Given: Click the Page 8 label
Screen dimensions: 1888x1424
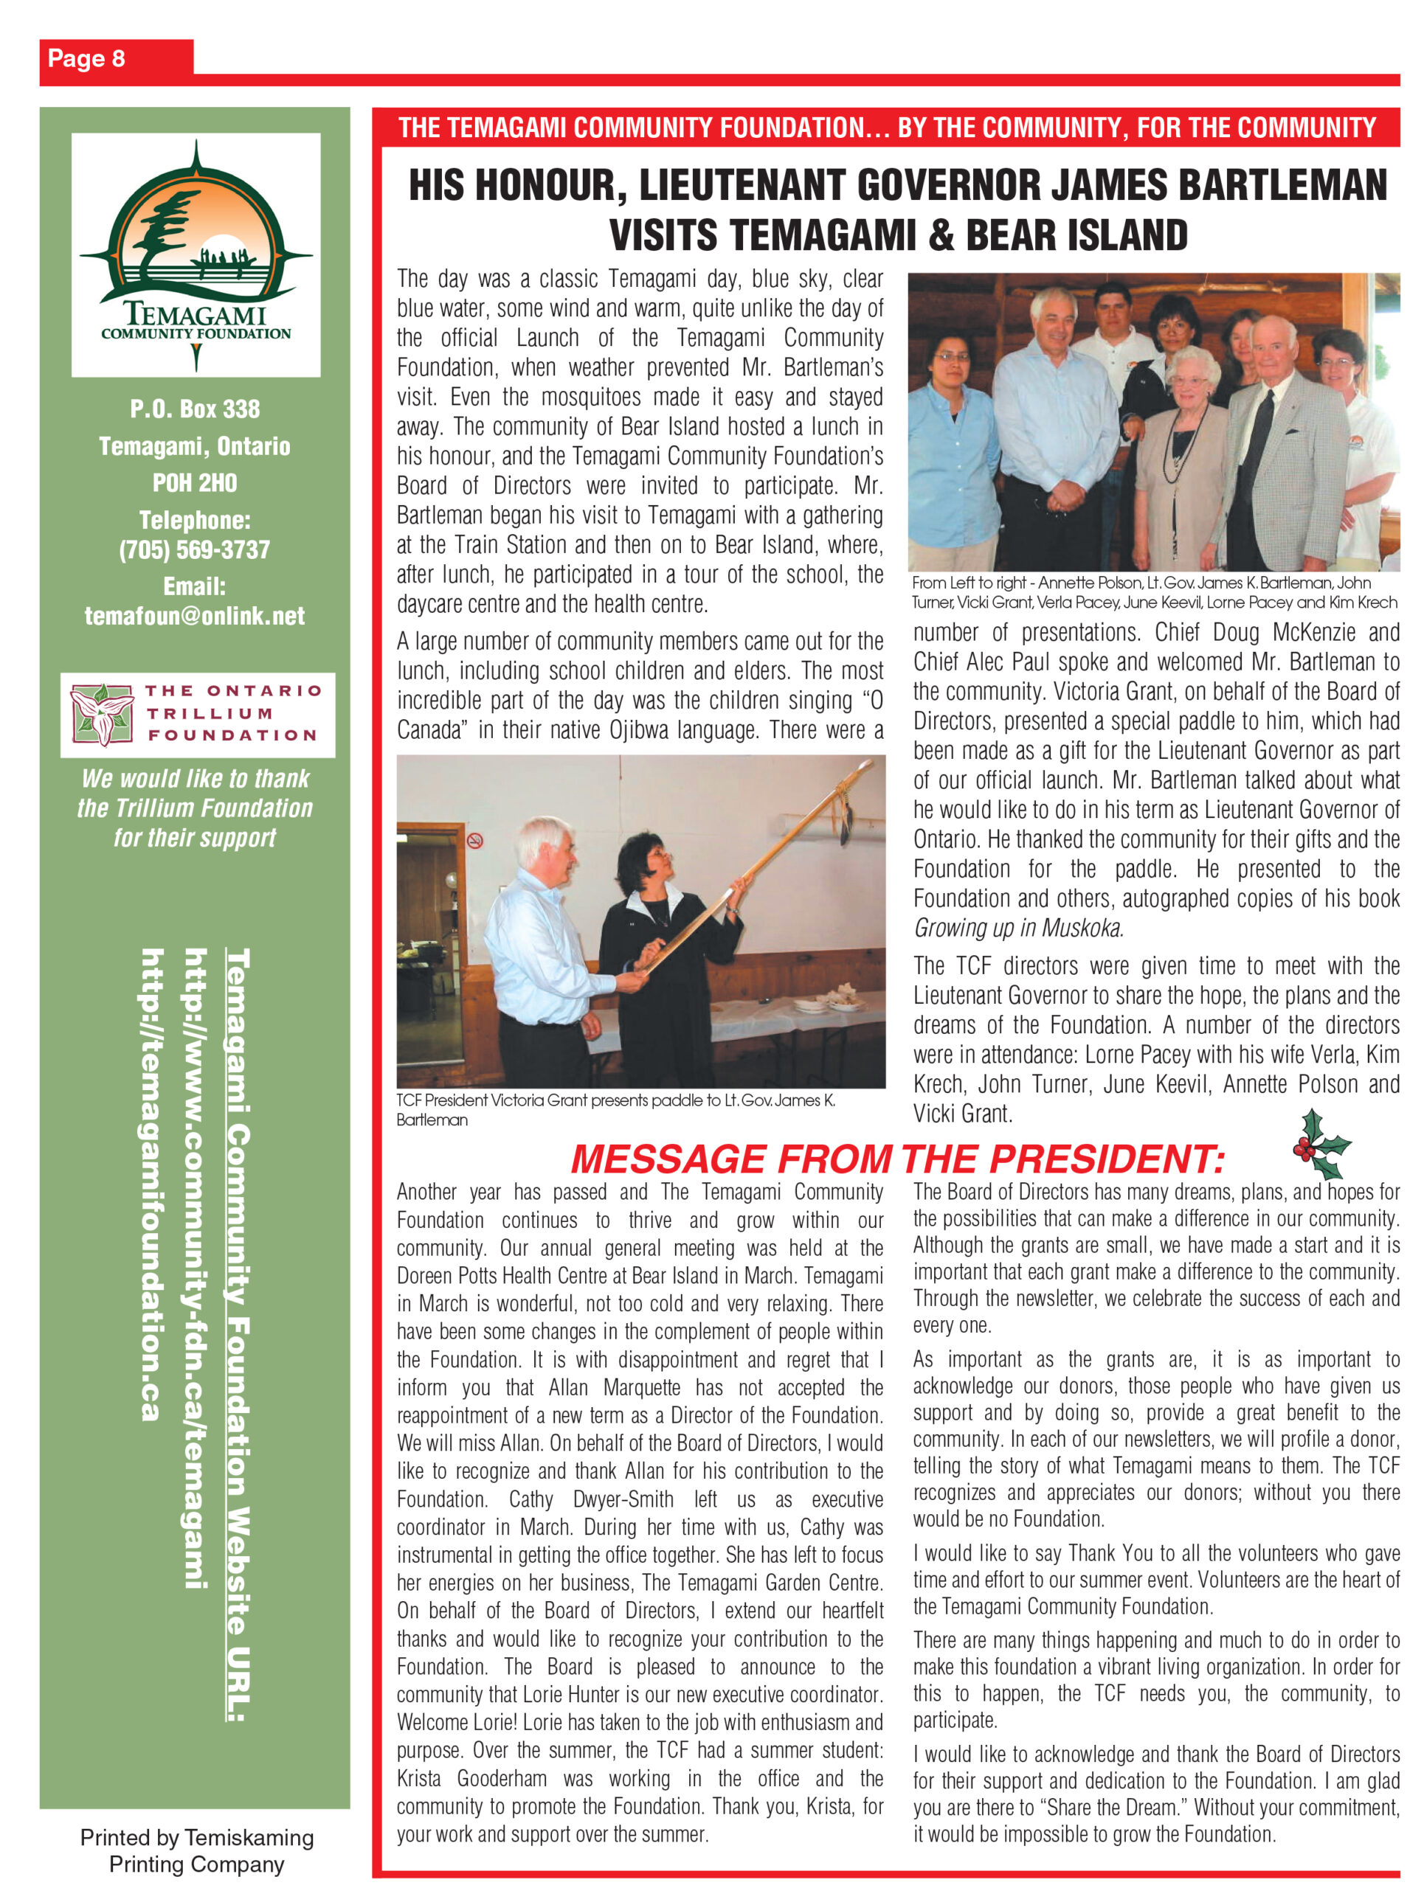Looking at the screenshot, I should [x=86, y=58].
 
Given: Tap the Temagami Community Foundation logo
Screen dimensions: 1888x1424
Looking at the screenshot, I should [x=196, y=254].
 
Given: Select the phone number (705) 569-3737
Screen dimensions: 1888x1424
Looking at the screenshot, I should [x=195, y=549].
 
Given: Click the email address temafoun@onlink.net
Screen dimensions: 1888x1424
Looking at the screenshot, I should [x=195, y=615].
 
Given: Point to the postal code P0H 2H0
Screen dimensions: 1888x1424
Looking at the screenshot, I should [x=195, y=483].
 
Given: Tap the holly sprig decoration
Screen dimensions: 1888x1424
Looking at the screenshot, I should [x=1319, y=1145].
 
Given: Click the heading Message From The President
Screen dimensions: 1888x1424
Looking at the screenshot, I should [x=897, y=1158].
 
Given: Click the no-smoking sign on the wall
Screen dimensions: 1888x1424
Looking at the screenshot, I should [x=474, y=841].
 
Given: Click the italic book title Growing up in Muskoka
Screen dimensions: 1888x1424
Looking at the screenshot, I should [x=1017, y=928].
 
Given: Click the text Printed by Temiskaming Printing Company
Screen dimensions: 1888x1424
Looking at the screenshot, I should [x=196, y=1850].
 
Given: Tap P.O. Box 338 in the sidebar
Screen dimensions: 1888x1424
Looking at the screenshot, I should [x=195, y=409].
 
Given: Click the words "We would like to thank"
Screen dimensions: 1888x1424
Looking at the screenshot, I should [x=195, y=778].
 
